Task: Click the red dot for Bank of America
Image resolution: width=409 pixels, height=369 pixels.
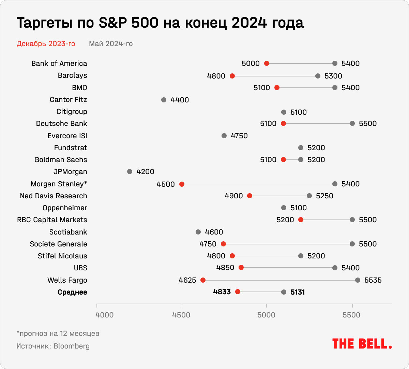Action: (267, 63)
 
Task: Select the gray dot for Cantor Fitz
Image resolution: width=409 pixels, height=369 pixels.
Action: (164, 100)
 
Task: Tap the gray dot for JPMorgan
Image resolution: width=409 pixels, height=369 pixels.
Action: (130, 172)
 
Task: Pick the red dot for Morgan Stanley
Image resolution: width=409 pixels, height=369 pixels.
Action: (182, 184)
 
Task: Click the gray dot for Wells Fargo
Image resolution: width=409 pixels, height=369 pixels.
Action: (358, 280)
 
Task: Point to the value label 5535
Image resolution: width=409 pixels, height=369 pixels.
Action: (373, 280)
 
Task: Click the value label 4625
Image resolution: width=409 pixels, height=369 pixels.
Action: (187, 280)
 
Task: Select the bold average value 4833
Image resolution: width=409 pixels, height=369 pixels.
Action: (222, 292)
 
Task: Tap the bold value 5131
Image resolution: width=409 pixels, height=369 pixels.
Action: (298, 292)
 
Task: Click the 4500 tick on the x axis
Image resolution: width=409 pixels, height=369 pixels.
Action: (182, 315)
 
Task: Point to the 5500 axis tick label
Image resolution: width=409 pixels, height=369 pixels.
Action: (352, 315)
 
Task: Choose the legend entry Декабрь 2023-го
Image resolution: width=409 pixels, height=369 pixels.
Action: (46, 44)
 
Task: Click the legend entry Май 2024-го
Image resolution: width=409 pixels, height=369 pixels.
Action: (111, 44)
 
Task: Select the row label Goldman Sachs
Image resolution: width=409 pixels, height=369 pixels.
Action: (61, 160)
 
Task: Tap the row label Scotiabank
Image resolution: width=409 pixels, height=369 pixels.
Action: (68, 232)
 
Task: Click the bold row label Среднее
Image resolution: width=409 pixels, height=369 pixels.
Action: (72, 292)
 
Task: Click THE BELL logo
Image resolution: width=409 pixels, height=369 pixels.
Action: (362, 344)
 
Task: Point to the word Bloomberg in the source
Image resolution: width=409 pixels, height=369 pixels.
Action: (72, 346)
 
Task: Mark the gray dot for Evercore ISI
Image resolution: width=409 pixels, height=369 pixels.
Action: (224, 136)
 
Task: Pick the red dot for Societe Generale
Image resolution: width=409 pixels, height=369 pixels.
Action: (223, 244)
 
